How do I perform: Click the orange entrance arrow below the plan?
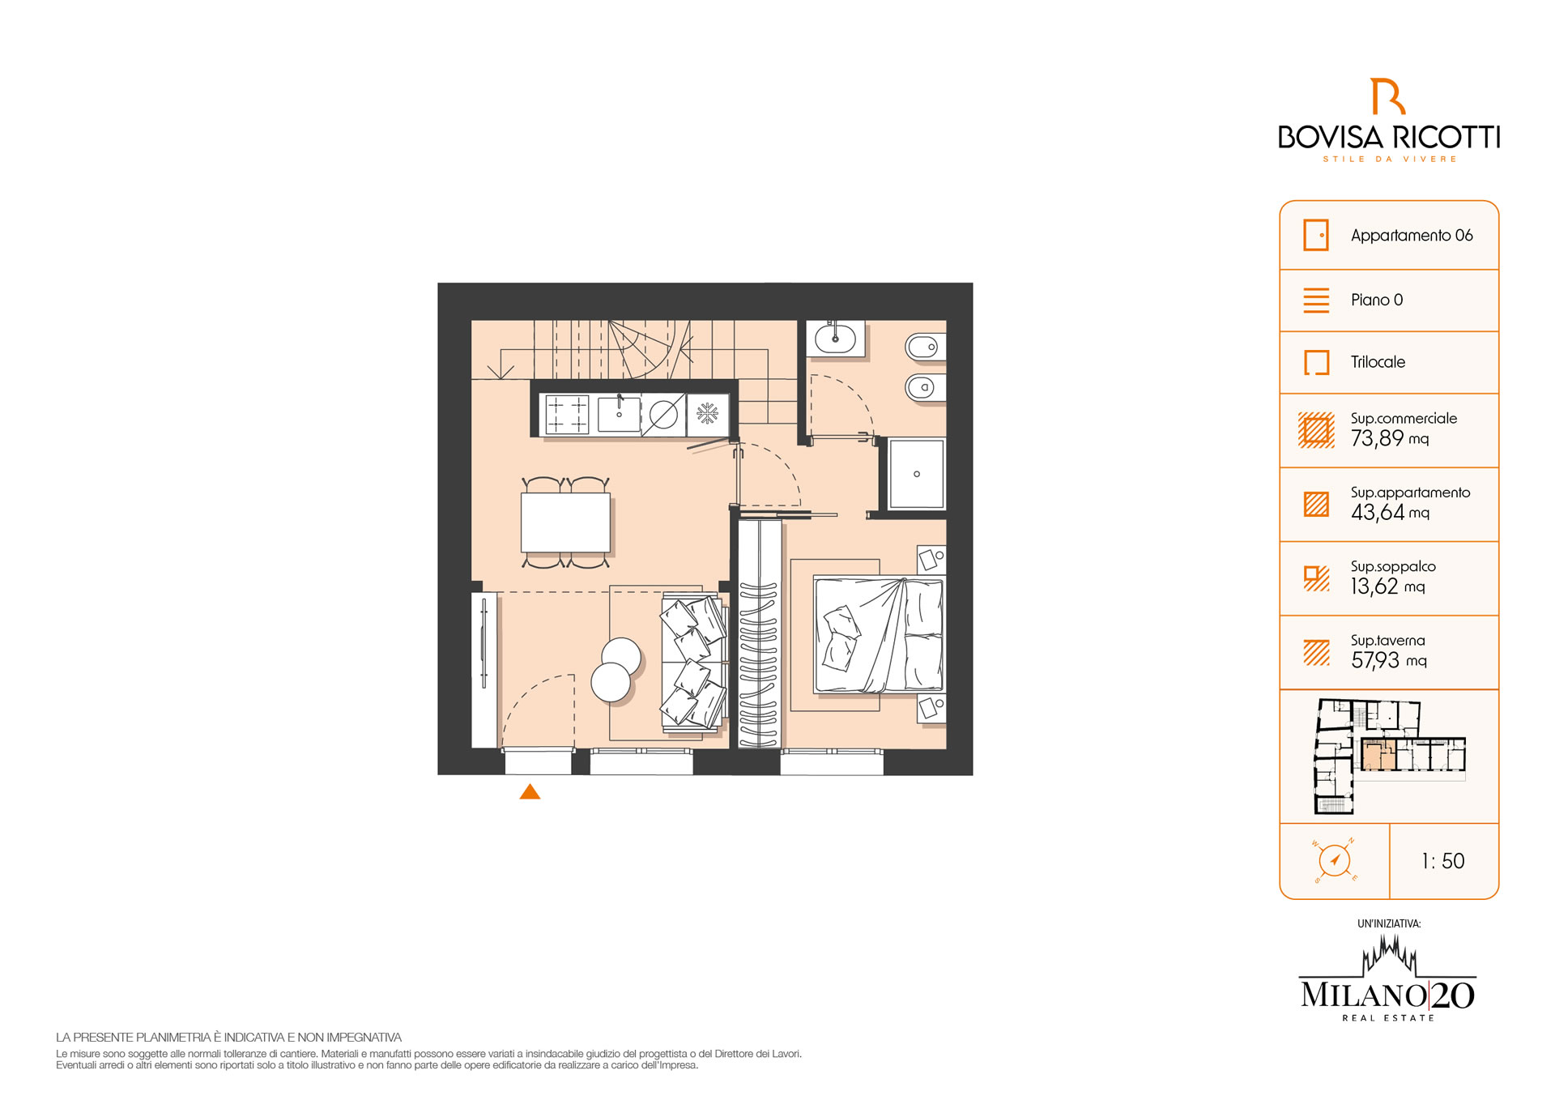pyautogui.click(x=530, y=791)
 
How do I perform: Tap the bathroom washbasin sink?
pyautogui.click(x=835, y=338)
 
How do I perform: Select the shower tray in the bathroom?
pyautogui.click(x=917, y=474)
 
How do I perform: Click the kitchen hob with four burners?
pyautogui.click(x=567, y=414)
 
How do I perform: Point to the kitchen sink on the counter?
pyautogui.click(x=619, y=414)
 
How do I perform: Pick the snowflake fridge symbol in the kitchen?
pyautogui.click(x=708, y=414)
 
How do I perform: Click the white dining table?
pyautogui.click(x=565, y=522)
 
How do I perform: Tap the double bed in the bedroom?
pyautogui.click(x=880, y=634)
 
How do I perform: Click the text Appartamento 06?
pyautogui.click(x=1412, y=236)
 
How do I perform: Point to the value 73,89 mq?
pyautogui.click(x=1390, y=438)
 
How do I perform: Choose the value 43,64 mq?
pyautogui.click(x=1390, y=512)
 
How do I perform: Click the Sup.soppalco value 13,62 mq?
pyautogui.click(x=1387, y=586)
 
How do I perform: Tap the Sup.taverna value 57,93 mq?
pyautogui.click(x=1389, y=660)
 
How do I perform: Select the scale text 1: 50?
pyautogui.click(x=1443, y=861)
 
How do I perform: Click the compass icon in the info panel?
pyautogui.click(x=1334, y=859)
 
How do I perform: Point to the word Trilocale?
pyautogui.click(x=1378, y=362)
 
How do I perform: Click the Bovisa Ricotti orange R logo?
pyautogui.click(x=1387, y=96)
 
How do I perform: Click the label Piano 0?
pyautogui.click(x=1377, y=300)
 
